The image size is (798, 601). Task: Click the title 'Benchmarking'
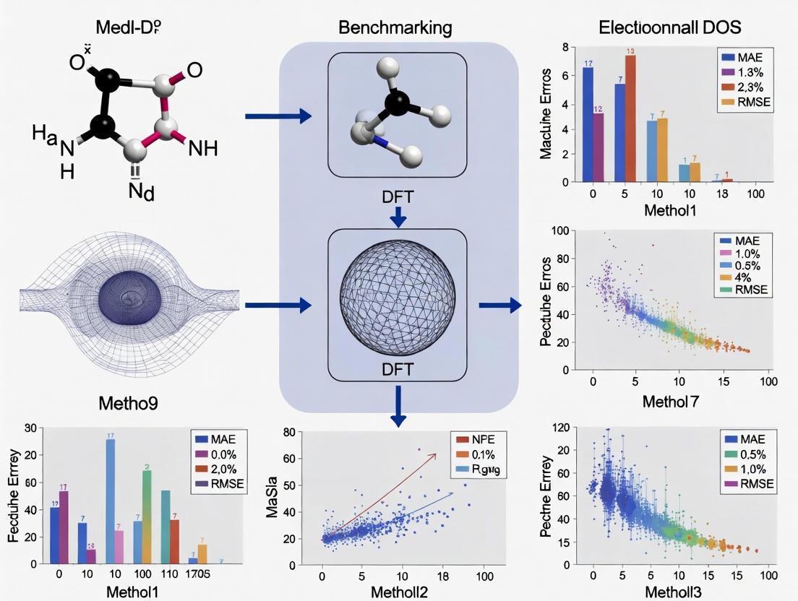coord(395,28)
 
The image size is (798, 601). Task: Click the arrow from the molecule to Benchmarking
coord(278,116)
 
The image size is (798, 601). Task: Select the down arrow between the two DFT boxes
coord(398,215)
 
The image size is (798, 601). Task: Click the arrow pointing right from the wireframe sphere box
coord(499,306)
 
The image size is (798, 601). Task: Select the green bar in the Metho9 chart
coord(147,516)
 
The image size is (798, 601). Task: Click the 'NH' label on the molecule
coord(202,150)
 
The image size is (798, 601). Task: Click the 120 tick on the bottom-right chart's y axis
coord(561,427)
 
